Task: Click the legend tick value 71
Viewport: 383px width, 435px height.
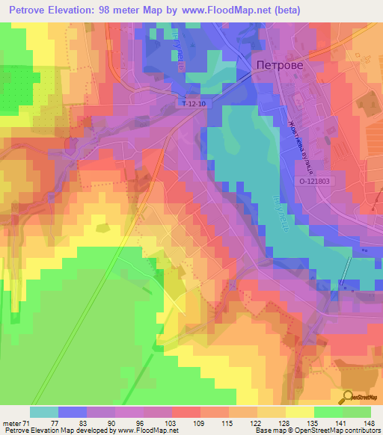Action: pos(27,422)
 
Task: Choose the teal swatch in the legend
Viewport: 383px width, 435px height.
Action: pos(44,412)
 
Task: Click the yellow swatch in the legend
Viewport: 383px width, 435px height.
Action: pos(299,412)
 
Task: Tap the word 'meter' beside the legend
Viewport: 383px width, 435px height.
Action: pos(11,422)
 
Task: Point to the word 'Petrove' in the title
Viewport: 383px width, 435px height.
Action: pos(28,11)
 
